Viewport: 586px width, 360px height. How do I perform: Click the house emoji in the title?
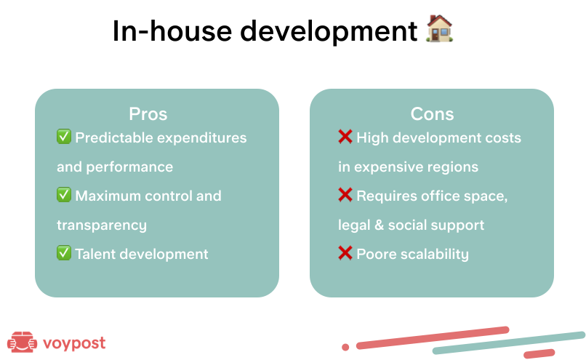tap(439, 28)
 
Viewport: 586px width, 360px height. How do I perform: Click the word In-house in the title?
tap(172, 31)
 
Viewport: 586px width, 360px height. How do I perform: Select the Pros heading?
tap(148, 114)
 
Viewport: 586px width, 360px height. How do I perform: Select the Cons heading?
tap(432, 114)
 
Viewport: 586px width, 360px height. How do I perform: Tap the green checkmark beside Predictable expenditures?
tap(64, 137)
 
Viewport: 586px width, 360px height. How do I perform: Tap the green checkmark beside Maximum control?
tap(64, 195)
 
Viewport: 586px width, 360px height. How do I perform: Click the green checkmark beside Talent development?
tap(64, 252)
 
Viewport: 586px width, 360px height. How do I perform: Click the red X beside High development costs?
tap(345, 137)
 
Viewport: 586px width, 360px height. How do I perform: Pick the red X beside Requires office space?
tap(345, 195)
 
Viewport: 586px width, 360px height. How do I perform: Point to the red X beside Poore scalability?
tap(345, 253)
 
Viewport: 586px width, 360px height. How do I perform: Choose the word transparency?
tap(102, 225)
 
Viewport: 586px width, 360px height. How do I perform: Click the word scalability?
tap(435, 255)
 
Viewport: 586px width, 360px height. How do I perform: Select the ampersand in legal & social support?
tap(379, 225)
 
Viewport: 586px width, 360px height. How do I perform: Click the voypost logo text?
tap(74, 343)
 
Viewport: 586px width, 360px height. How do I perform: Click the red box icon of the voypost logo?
tap(22, 342)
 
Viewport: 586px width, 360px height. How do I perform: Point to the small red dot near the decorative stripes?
tap(345, 348)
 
